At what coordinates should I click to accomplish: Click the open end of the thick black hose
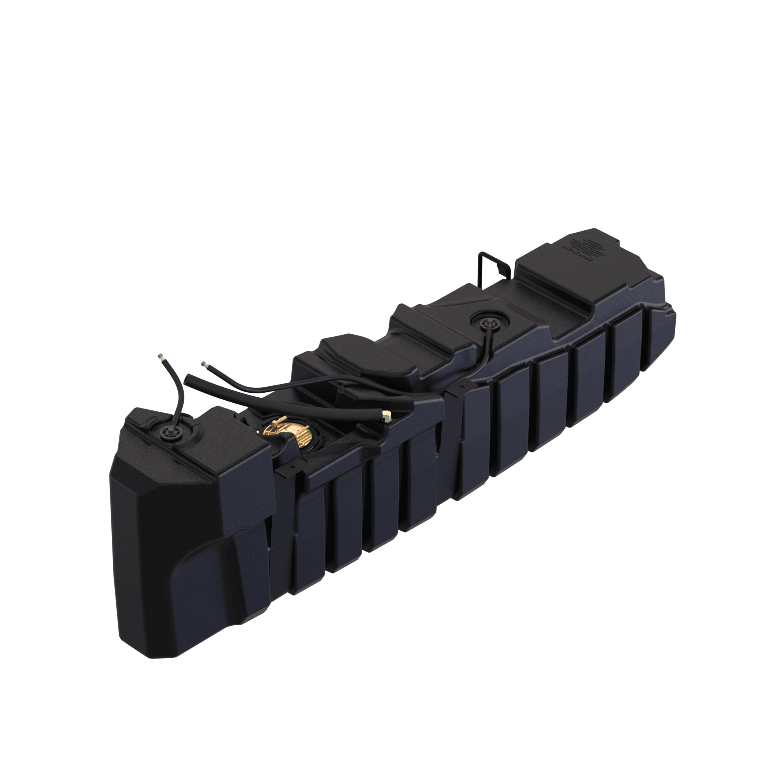point(188,378)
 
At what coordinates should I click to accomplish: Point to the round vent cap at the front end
point(166,432)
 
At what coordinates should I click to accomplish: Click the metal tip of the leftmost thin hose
point(161,355)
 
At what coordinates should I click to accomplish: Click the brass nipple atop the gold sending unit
point(279,421)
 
